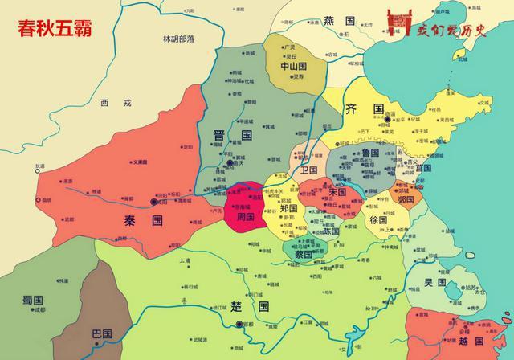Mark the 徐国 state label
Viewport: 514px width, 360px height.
point(378,220)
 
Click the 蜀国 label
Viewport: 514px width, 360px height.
point(34,299)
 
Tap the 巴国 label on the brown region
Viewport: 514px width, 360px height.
point(101,333)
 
